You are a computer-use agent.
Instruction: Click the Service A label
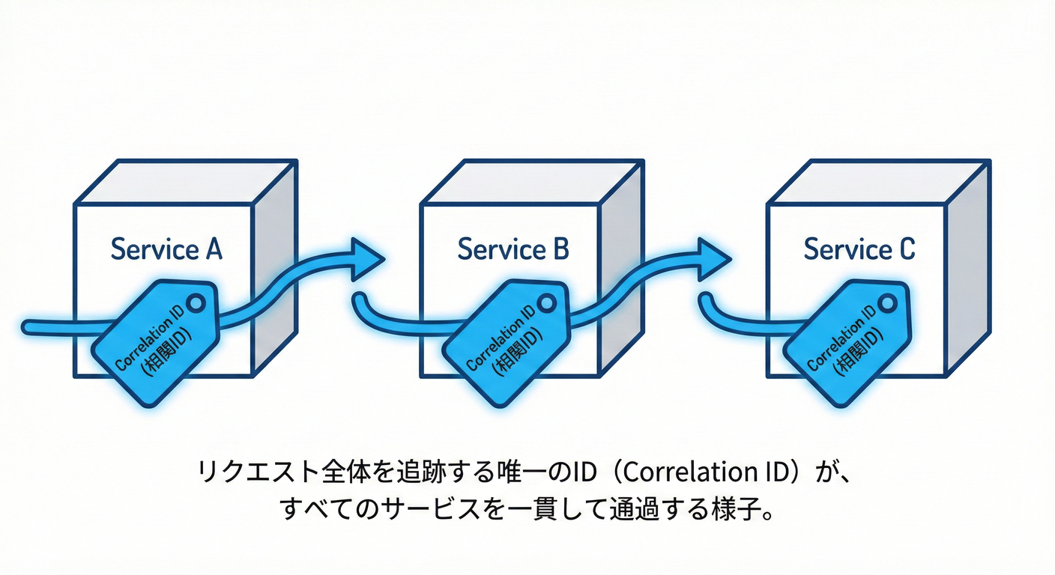tap(166, 249)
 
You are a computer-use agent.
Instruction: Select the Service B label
tap(513, 249)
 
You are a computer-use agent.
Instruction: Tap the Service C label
tap(859, 249)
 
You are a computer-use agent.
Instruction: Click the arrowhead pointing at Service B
tap(367, 258)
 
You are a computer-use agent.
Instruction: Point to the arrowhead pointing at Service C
tap(713, 258)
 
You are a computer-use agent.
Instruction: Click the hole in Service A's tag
tap(196, 302)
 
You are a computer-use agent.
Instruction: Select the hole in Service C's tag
tap(892, 302)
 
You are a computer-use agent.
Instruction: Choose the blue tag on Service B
tap(504, 341)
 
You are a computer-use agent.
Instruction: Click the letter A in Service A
tap(213, 249)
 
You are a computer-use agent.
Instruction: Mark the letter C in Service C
tap(906, 249)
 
